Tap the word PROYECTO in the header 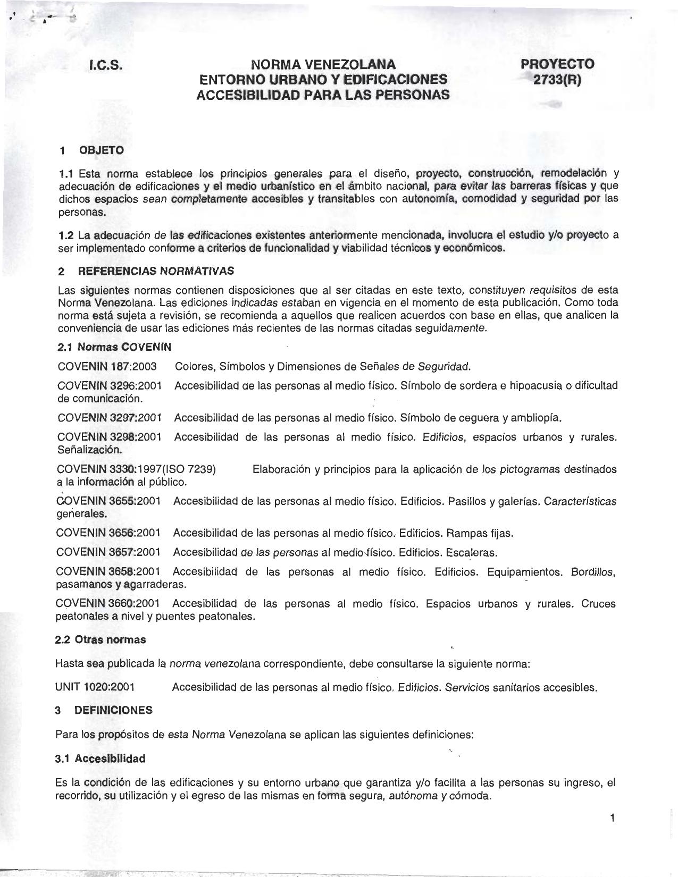point(557,64)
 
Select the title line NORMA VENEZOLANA point(323,65)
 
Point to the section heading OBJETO point(101,150)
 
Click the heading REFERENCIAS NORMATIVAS point(156,271)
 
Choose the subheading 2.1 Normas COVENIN point(114,347)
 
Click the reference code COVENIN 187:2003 point(107,366)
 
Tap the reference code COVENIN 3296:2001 point(110,385)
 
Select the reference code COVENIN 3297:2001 point(110,418)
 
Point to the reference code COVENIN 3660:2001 point(108,604)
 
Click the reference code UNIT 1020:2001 point(95,687)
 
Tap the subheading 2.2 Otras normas point(101,639)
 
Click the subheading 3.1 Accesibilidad point(100,758)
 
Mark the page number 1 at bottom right point(612,817)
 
